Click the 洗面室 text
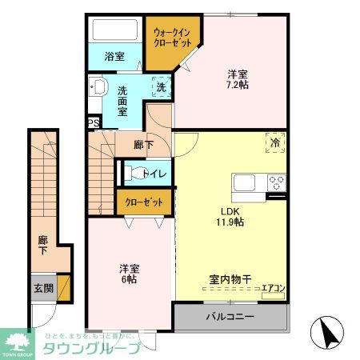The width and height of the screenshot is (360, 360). [x=123, y=101]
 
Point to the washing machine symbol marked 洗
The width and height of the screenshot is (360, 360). [x=161, y=87]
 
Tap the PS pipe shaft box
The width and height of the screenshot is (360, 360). [x=94, y=122]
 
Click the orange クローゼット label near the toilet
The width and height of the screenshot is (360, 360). [x=143, y=202]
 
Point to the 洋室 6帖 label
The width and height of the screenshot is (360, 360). [x=129, y=273]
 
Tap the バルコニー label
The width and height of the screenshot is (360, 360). [x=230, y=317]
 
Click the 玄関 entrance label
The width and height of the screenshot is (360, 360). [x=42, y=288]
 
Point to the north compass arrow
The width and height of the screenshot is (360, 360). [x=327, y=332]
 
